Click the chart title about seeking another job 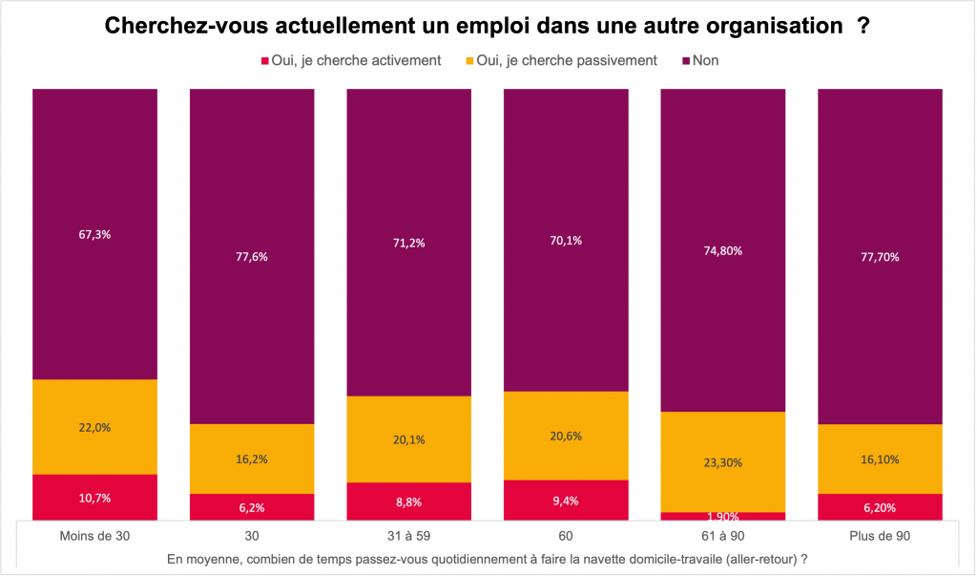click(x=487, y=26)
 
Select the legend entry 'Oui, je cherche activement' click(x=350, y=60)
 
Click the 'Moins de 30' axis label click(x=94, y=536)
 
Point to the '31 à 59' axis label click(x=408, y=536)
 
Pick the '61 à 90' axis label click(x=722, y=536)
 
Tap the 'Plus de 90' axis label click(x=880, y=536)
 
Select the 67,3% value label click(x=94, y=234)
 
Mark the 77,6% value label click(x=252, y=256)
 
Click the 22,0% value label click(x=94, y=427)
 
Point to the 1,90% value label click(x=722, y=517)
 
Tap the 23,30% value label click(x=722, y=462)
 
